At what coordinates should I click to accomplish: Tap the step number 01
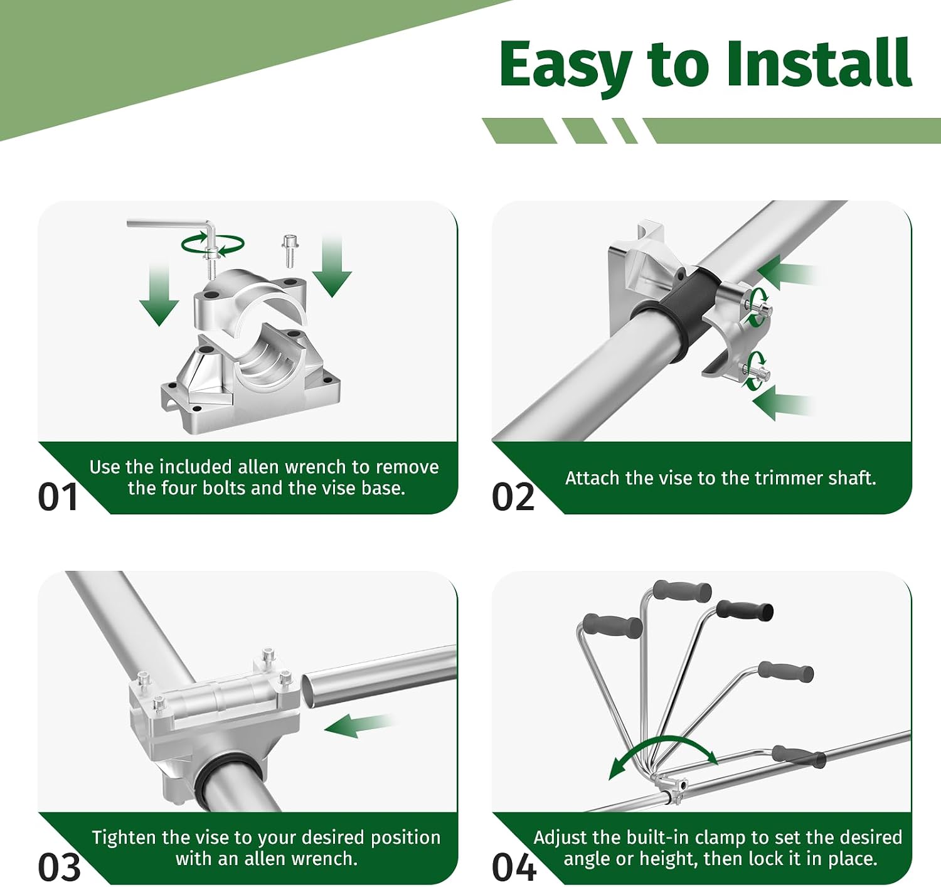tap(58, 497)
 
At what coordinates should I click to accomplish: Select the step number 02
tap(513, 497)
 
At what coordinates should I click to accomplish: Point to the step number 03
tap(59, 867)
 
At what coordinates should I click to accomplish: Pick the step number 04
tap(514, 867)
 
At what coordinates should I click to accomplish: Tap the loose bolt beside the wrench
tap(290, 251)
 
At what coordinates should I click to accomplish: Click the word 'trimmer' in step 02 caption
tap(789, 478)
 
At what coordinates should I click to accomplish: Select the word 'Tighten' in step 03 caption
tap(124, 838)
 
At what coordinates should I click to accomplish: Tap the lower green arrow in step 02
tap(782, 403)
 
